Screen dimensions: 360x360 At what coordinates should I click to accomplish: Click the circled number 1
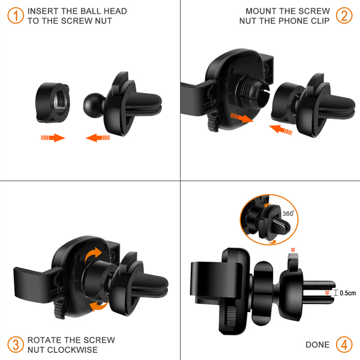[x=16, y=16]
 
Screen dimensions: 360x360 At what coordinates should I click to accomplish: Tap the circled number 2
[x=344, y=16]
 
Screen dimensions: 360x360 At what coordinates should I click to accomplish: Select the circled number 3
[x=16, y=344]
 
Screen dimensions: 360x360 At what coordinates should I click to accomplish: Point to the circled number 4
[x=344, y=344]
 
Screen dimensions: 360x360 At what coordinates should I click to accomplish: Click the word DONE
[x=317, y=344]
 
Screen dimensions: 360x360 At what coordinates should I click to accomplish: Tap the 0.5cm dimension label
[x=347, y=293]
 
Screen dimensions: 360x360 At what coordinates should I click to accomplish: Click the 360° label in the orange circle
[x=288, y=214]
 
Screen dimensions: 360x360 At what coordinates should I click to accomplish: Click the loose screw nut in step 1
[x=52, y=103]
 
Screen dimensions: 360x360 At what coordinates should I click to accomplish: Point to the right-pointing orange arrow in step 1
[x=53, y=137]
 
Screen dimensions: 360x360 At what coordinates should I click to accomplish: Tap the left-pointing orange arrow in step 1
[x=98, y=138]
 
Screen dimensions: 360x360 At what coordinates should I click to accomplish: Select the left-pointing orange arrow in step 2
[x=281, y=130]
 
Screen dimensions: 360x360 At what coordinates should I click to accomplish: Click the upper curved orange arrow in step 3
[x=93, y=256]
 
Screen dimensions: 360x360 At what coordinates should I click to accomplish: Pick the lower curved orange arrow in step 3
[x=99, y=306]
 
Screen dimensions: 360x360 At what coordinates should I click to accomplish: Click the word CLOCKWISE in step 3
[x=73, y=350]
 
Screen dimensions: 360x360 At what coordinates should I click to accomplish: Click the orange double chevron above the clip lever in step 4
[x=293, y=250]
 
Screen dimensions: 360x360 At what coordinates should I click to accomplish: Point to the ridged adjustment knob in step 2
[x=212, y=122]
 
